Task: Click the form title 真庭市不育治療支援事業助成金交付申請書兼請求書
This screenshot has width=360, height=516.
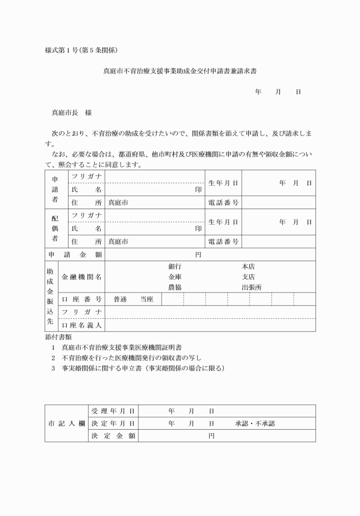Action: click(x=181, y=72)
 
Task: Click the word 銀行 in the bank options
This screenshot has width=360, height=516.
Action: click(x=175, y=267)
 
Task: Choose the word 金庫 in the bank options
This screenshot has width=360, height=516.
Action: click(x=175, y=277)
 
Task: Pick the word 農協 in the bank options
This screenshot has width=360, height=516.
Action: click(x=175, y=287)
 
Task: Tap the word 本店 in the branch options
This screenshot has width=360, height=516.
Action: click(x=248, y=267)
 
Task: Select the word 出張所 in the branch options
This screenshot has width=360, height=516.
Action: click(x=251, y=287)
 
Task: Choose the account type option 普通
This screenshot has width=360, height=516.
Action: click(x=121, y=299)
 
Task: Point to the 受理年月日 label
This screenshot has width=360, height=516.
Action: click(x=113, y=411)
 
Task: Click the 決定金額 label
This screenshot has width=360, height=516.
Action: click(x=113, y=436)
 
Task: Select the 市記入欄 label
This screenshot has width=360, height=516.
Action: click(x=66, y=423)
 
